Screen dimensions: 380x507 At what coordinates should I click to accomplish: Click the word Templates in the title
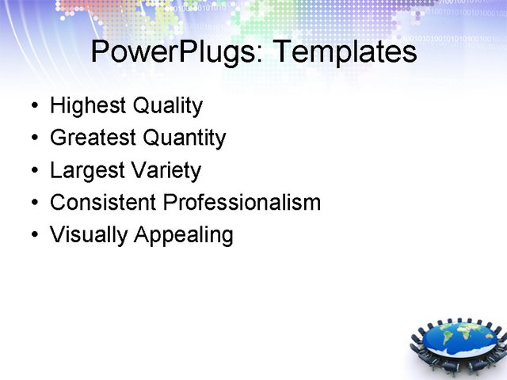[x=344, y=52]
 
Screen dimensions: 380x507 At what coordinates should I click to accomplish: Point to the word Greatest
[x=93, y=139]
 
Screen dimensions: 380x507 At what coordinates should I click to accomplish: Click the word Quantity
[x=185, y=139]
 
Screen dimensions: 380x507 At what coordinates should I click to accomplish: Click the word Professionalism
[x=242, y=203]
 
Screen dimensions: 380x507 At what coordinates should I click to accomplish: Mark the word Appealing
[x=184, y=235]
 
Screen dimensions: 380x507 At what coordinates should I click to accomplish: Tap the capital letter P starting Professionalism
[x=169, y=203]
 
